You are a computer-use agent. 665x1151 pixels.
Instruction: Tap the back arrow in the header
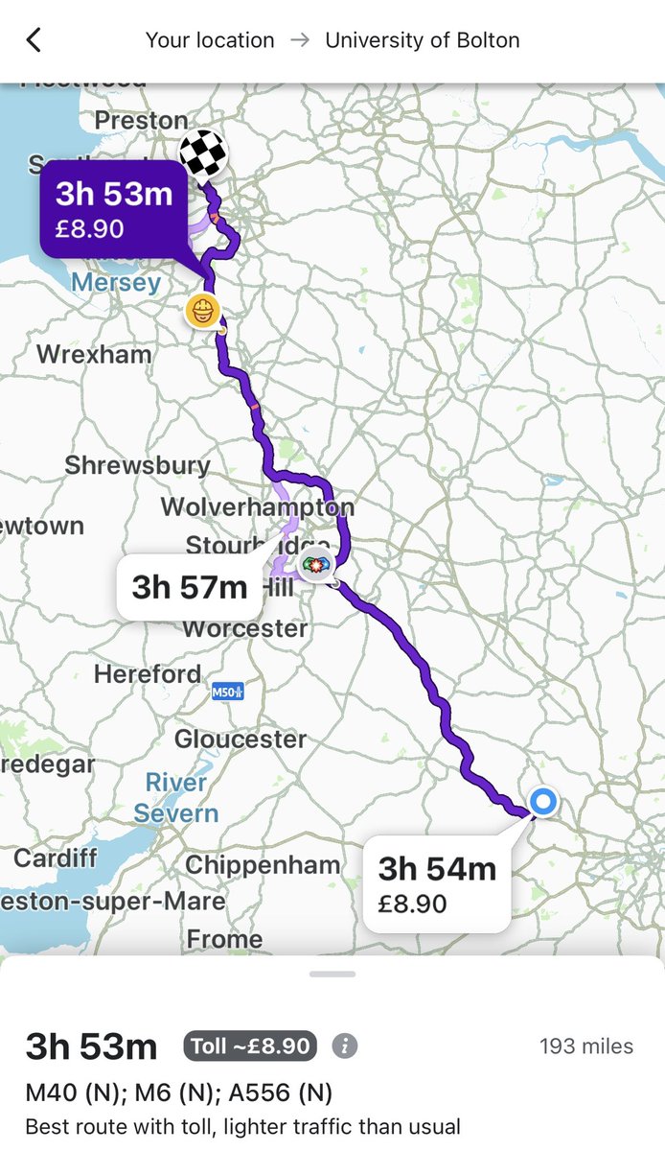point(34,40)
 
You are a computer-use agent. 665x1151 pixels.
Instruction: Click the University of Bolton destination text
point(423,40)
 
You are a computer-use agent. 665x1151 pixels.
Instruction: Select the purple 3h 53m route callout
point(114,209)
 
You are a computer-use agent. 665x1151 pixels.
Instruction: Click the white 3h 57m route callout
point(189,586)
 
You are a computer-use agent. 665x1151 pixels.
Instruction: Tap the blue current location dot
point(543,801)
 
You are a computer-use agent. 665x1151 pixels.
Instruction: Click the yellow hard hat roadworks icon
point(203,311)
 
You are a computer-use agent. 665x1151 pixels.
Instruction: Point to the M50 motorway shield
point(227,691)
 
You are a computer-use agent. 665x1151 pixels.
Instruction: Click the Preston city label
point(141,121)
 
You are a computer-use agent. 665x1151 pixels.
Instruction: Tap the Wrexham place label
point(94,354)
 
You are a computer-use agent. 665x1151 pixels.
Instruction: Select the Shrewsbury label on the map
point(137,466)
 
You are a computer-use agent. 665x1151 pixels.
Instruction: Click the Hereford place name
point(148,674)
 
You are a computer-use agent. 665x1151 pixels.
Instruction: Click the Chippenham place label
point(262,865)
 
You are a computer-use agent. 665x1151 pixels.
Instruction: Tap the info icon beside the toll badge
point(345,1045)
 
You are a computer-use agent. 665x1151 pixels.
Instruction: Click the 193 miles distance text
point(585,1046)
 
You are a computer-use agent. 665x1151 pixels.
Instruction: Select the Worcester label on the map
point(244,629)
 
